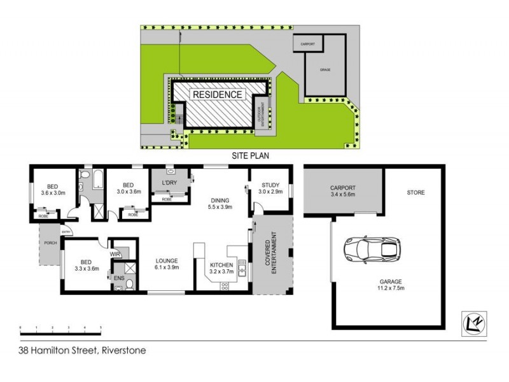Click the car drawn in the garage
[373, 249]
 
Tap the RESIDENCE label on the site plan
[218, 94]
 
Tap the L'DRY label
[169, 183]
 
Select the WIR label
[115, 254]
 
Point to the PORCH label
[50, 243]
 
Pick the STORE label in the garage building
[416, 192]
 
